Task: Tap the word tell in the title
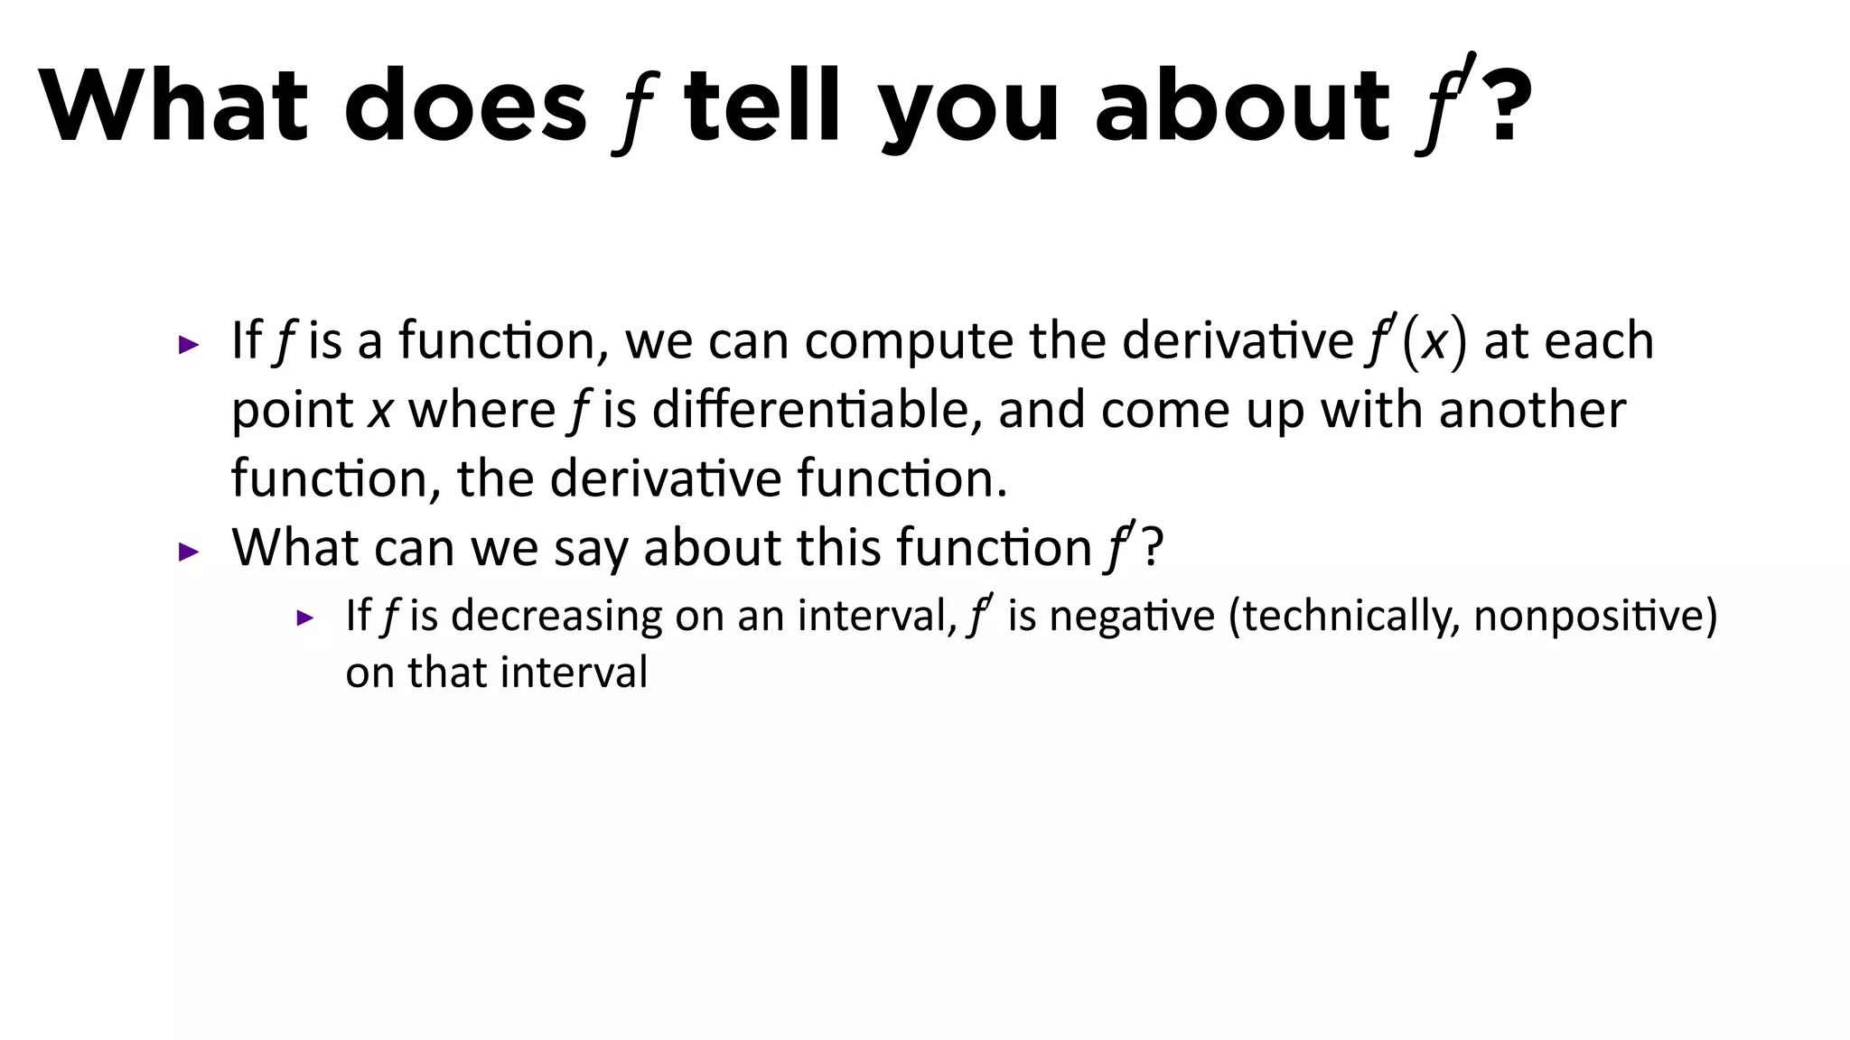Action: click(762, 106)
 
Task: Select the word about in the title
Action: click(1242, 106)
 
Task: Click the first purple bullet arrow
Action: click(189, 344)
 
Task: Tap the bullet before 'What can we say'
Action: click(189, 551)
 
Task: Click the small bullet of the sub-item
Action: click(305, 618)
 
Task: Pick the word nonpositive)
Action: click(1595, 617)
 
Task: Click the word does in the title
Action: click(465, 106)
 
